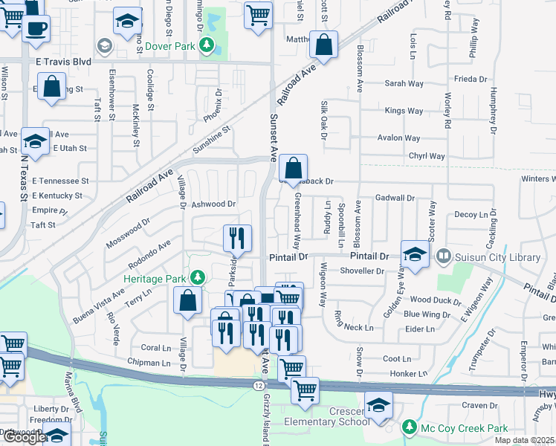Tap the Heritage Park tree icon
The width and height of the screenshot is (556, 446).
coord(197,277)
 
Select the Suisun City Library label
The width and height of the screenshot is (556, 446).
coord(485,256)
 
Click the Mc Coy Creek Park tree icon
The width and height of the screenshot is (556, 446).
coord(409,427)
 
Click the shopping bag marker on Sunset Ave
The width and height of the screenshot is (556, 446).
coord(294,169)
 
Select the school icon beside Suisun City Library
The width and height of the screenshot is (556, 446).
coord(415,254)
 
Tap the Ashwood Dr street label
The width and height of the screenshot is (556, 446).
coord(213,204)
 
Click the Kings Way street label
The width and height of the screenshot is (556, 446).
coord(404,111)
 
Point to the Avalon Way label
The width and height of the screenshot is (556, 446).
coord(398,138)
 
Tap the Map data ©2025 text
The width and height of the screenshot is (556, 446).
coord(524,440)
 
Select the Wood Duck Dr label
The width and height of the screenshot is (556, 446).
coord(430,300)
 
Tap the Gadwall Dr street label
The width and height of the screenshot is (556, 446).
coord(395,198)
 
